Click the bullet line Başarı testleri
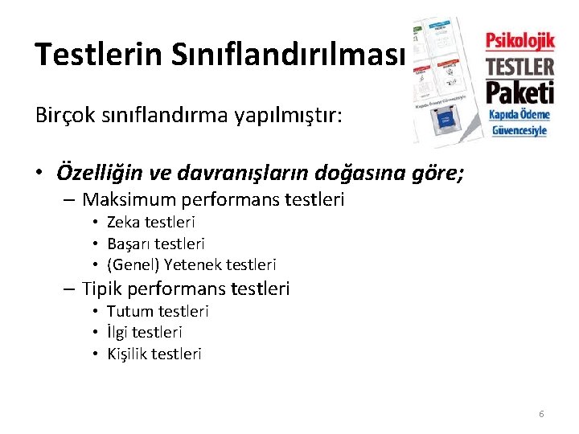[x=156, y=243]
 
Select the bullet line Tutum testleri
[x=158, y=311]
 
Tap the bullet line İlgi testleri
[x=145, y=332]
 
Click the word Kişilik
[x=130, y=354]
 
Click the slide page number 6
[x=541, y=414]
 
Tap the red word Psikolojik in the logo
[x=519, y=39]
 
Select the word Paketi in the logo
[x=519, y=91]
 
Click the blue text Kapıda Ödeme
[x=519, y=115]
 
